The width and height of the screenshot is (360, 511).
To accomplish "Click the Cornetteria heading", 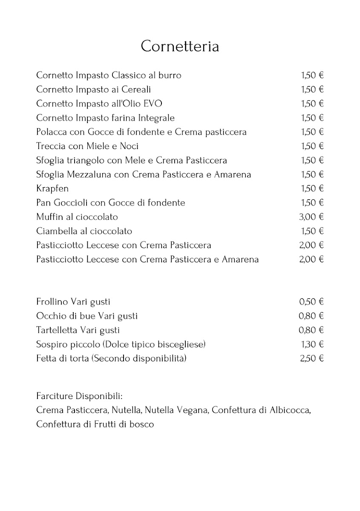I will click(180, 46).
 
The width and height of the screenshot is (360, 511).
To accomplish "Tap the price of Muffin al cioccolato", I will click(311, 217).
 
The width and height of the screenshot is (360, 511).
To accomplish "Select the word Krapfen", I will click(52, 189).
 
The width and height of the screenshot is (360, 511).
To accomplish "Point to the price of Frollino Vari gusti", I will click(311, 302).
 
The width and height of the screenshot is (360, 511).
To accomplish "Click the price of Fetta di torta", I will click(311, 359).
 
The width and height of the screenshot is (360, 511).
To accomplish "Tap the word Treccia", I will click(51, 146).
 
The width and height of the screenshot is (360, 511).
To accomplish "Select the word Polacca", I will click(51, 132).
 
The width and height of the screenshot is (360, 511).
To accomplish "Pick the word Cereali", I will click(136, 89).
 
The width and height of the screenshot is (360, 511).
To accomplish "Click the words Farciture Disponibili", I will click(79, 396).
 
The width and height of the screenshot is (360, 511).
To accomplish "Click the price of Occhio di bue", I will click(311, 316).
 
